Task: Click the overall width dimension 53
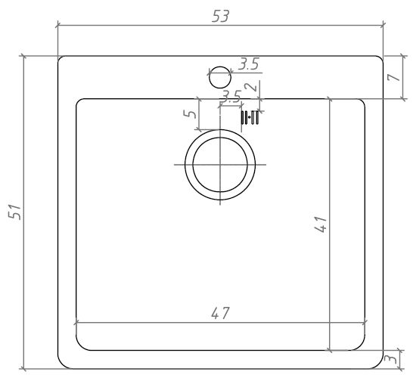click(x=221, y=17)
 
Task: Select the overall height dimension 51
click(x=14, y=212)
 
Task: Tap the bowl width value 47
click(x=220, y=313)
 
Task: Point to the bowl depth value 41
click(x=321, y=225)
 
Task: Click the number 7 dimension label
click(x=393, y=77)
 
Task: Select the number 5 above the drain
click(x=190, y=113)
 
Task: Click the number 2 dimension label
click(x=251, y=87)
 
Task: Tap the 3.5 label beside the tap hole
click(x=249, y=64)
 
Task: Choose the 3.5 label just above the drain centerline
click(x=231, y=96)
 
